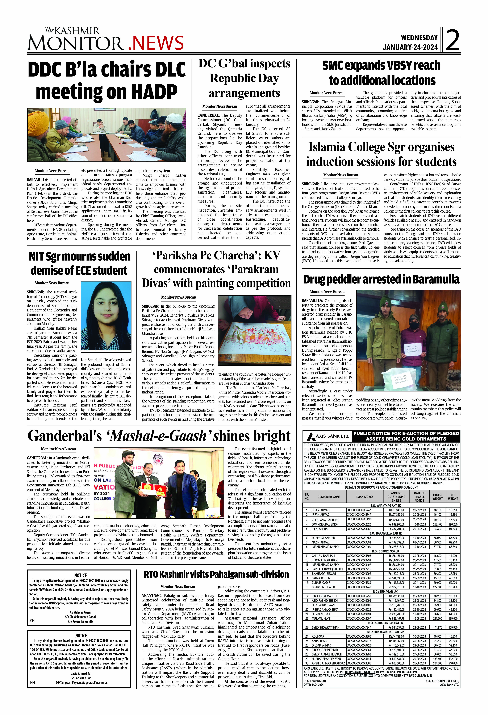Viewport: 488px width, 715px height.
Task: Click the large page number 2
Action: pyautogui.click(x=453, y=40)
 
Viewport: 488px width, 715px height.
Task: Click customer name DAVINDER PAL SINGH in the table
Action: pyautogui.click(x=325, y=524)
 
